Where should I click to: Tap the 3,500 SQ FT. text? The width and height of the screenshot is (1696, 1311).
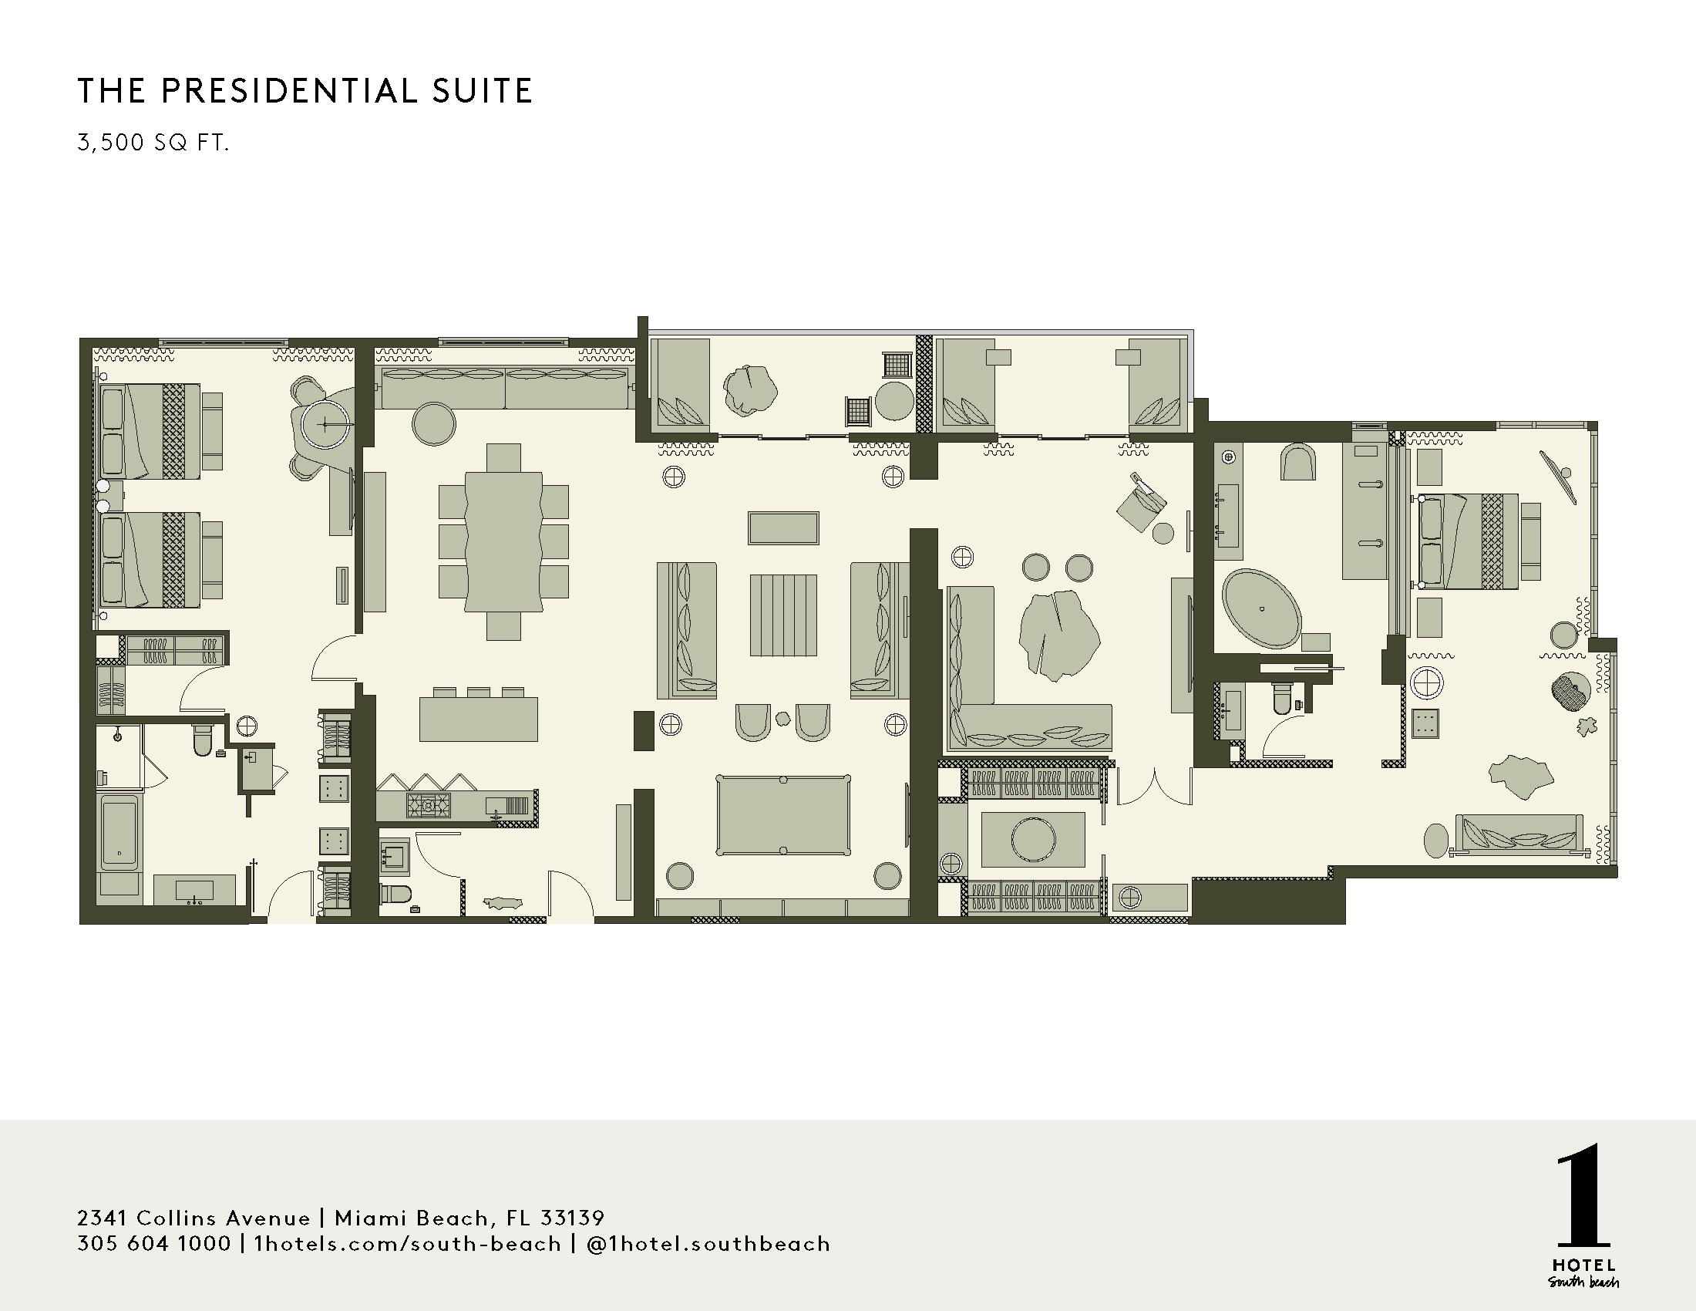[x=153, y=143]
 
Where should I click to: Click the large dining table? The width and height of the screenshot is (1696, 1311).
[x=503, y=541]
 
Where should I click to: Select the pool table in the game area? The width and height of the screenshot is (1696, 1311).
[x=782, y=814]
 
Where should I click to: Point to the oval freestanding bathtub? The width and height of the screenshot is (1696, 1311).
[x=1261, y=609]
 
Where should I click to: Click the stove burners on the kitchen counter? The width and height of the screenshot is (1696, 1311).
[x=428, y=805]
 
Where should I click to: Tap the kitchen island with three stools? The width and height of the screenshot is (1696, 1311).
[x=479, y=719]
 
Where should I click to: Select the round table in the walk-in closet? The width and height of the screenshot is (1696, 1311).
[x=1033, y=839]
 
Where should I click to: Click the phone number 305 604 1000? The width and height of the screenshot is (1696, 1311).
[x=153, y=1243]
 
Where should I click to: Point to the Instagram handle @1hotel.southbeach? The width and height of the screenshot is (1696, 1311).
[x=708, y=1243]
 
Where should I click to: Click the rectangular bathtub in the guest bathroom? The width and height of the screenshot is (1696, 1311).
[x=119, y=832]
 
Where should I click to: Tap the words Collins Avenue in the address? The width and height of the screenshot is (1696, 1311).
[x=224, y=1217]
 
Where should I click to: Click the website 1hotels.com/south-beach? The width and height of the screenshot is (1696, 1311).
[x=407, y=1243]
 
